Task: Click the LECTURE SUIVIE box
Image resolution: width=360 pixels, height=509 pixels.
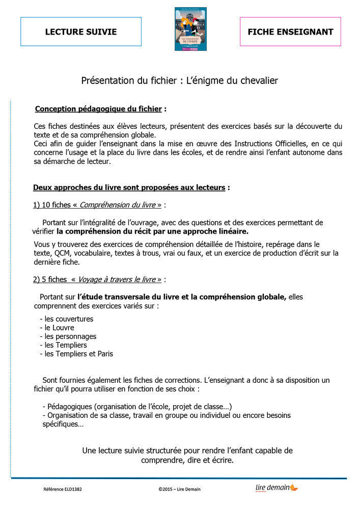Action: [x=81, y=32]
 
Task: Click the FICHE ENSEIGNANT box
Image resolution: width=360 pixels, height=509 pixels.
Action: [x=290, y=32]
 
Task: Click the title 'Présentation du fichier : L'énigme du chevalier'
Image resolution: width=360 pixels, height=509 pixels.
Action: [x=180, y=80]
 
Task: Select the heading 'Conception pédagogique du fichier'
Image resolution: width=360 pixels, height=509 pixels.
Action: [x=99, y=109]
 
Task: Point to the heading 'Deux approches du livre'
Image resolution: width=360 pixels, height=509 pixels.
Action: [x=129, y=187]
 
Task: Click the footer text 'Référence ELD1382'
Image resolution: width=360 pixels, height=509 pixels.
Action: [x=63, y=490]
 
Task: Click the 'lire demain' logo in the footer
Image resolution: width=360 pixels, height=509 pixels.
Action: [x=276, y=488]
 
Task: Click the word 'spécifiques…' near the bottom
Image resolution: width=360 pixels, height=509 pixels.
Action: [x=63, y=424]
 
